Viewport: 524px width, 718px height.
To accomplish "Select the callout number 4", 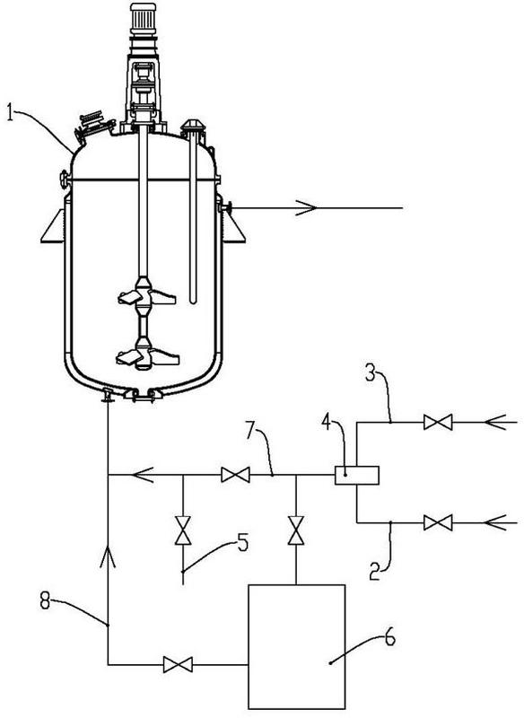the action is coord(327,422).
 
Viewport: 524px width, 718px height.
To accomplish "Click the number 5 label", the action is coord(242,543).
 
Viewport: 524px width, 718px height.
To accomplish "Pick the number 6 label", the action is coord(390,638).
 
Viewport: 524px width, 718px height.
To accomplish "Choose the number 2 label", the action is coord(375,573).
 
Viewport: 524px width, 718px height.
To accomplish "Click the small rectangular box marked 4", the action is coord(357,475).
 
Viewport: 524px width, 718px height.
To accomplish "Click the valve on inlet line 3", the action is coord(438,422).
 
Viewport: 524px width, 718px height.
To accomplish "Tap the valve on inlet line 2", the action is coord(438,522).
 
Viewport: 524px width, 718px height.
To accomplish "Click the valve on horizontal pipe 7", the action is coord(236,475).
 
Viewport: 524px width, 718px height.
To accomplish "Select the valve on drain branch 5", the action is coord(183,530).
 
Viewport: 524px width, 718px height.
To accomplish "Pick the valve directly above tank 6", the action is coord(296,530).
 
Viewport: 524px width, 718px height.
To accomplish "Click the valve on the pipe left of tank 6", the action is coord(178,664).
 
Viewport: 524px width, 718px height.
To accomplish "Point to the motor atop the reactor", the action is coord(144,18).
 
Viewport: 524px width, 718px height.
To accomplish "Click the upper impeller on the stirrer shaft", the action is coord(146,294).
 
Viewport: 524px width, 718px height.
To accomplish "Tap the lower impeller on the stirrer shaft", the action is coord(146,355).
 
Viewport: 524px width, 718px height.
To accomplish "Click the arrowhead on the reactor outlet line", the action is coord(307,208).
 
